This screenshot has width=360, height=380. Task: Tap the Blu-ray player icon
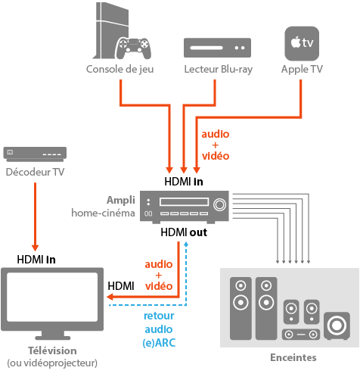click(x=219, y=48)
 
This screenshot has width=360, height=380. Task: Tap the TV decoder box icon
click(x=34, y=154)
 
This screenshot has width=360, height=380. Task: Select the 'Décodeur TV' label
click(x=35, y=173)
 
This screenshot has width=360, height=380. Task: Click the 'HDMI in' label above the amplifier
click(x=183, y=182)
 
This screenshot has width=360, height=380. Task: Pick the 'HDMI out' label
click(x=184, y=232)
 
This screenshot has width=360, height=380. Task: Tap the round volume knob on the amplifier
click(x=220, y=204)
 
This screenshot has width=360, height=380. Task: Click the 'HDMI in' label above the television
click(x=36, y=260)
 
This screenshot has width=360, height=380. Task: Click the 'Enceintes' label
click(x=293, y=357)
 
